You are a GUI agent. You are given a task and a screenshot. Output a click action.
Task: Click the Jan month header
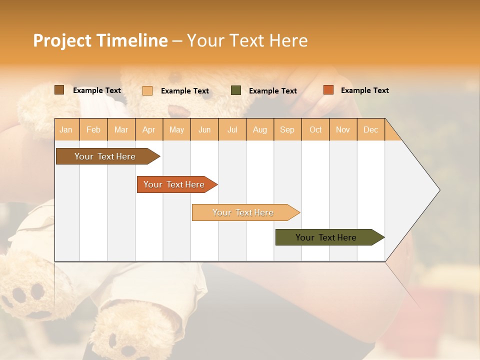[66, 129]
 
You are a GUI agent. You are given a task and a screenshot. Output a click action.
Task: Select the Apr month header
[149, 129]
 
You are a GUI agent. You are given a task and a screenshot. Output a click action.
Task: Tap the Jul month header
[232, 129]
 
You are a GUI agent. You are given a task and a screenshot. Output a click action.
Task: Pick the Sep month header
[287, 129]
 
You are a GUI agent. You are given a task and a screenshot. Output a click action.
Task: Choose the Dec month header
[370, 129]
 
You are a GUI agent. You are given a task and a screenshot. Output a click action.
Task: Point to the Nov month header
[342, 129]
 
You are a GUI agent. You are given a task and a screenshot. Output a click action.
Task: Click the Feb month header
[93, 129]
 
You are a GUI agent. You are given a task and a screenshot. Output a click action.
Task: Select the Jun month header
[204, 129]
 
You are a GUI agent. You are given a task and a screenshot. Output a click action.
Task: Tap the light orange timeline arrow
[243, 212]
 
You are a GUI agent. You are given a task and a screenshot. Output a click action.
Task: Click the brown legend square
[59, 90]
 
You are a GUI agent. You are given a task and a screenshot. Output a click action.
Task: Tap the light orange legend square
[147, 90]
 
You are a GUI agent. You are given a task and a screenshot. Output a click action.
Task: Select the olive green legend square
[236, 90]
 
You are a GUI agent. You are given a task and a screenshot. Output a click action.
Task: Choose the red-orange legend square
[328, 90]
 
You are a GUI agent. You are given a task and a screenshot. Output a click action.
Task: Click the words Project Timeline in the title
[100, 40]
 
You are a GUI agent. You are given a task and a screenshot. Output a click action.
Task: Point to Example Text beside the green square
[272, 91]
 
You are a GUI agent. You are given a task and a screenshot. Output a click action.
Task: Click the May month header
[176, 129]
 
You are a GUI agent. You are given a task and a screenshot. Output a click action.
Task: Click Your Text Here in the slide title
[247, 40]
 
